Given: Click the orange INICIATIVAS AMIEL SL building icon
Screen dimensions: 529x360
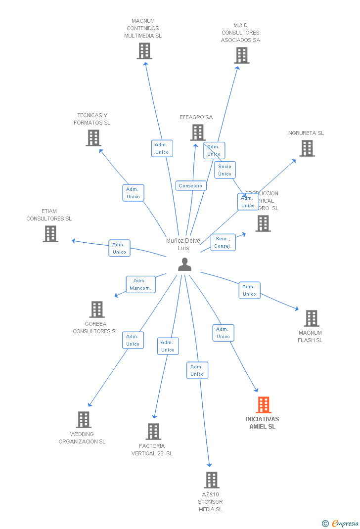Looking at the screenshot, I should coord(264,405).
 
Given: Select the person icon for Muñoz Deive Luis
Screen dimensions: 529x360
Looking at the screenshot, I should coord(184,264).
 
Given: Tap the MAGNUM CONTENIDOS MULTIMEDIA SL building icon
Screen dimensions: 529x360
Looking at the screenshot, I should coord(144,51).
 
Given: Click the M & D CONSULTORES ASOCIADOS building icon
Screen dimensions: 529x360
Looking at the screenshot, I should coord(242,55).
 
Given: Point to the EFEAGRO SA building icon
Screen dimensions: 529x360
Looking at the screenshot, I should coord(198,132).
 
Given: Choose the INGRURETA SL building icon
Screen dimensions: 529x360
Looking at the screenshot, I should coord(307,148).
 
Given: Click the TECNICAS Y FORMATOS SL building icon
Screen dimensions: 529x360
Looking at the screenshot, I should coord(93,138).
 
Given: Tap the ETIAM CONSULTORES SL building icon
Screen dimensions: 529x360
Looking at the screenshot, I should coord(50,234).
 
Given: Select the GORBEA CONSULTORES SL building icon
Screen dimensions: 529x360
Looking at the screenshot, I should coord(97,309).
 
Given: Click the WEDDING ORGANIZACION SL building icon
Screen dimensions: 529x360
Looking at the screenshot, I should coord(84,420).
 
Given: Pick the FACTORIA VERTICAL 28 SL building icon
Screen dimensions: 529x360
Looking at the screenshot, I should coord(153,432).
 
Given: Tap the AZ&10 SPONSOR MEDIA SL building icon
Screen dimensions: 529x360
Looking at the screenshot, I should coord(212,480).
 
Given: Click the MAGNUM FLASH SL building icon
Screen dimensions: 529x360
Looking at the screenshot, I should coord(312,318).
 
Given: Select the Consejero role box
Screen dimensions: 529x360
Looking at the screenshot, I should coord(191,186).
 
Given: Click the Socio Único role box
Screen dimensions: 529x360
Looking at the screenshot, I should coord(225,170).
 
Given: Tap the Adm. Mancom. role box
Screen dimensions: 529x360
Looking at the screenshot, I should coord(140,284).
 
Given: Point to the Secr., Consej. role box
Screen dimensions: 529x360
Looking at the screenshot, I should coord(223,243).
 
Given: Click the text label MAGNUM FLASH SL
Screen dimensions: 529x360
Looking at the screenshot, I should coord(310,337).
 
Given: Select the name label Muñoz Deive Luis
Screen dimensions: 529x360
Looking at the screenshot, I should coord(183,244).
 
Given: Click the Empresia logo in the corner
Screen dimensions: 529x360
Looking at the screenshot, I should coord(341,523).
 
